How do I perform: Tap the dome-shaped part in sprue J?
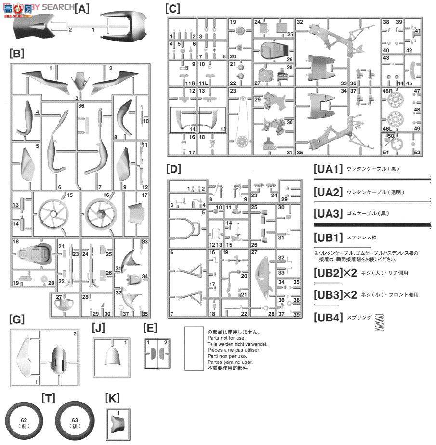coord(111,356)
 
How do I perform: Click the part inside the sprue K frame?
coord(117,424)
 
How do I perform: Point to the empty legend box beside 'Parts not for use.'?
coord(194,348)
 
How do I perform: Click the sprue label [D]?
coord(173,169)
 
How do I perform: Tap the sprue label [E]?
coord(150,328)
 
